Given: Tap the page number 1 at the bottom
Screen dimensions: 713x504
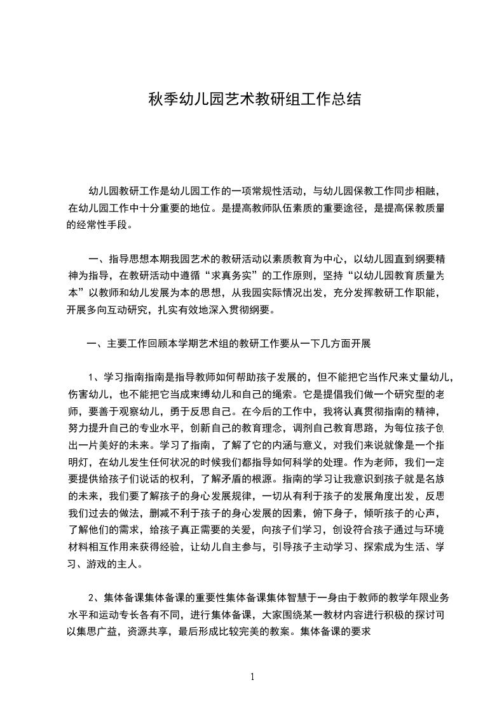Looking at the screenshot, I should pos(252,677).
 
